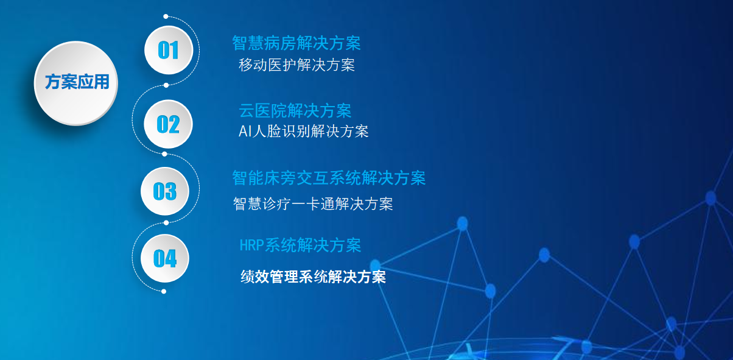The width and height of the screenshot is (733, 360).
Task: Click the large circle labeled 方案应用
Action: [x=76, y=83]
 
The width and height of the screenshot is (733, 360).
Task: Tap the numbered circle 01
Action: [x=169, y=50]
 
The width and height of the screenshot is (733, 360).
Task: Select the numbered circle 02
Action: [x=168, y=124]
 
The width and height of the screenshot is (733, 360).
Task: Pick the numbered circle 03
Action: [x=165, y=191]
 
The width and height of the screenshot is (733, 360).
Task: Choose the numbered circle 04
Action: [x=165, y=258]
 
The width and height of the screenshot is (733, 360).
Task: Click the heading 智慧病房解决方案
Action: [x=296, y=43]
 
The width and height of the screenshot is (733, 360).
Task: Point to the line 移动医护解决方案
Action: [x=297, y=65]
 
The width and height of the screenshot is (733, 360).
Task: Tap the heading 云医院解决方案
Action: [x=295, y=111]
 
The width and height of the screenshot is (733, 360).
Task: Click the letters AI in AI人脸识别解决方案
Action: [x=245, y=132]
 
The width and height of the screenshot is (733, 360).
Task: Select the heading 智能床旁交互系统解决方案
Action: [x=329, y=178]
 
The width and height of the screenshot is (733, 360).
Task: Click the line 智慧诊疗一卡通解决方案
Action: [x=313, y=204]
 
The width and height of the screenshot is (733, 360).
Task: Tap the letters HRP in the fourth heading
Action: [x=251, y=245]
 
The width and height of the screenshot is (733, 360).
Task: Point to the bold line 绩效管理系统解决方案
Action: [x=313, y=277]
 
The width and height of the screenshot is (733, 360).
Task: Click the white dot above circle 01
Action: [x=166, y=16]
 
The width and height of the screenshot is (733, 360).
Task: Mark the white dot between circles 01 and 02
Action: [x=166, y=85]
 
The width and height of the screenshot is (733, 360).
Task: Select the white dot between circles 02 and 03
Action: [x=164, y=154]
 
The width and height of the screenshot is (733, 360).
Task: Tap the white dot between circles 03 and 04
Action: [x=166, y=223]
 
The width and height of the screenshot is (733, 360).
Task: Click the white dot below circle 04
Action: [x=164, y=292]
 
